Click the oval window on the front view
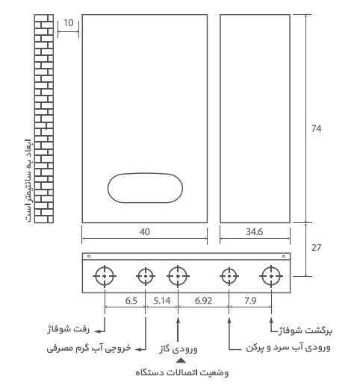(x=143, y=187)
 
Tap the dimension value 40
(x=144, y=232)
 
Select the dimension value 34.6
(x=255, y=232)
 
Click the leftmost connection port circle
(x=105, y=276)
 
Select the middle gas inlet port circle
(x=178, y=276)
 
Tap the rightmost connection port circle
(x=269, y=276)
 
